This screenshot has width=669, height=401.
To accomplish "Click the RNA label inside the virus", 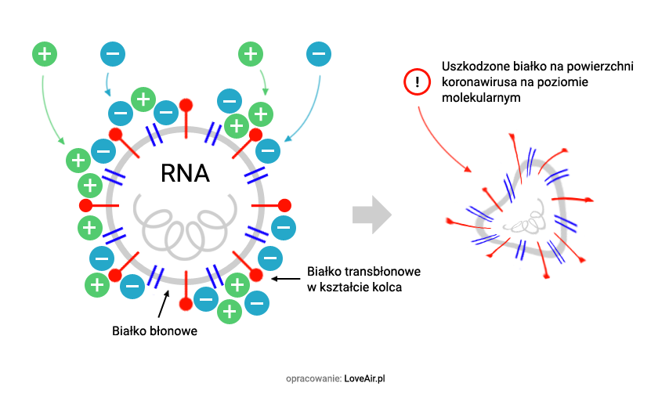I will click(185, 172).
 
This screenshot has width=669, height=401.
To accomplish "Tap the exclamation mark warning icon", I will click(418, 81).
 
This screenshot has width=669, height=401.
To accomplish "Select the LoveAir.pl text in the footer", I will click(365, 378).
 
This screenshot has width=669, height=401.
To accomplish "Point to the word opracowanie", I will click(313, 378).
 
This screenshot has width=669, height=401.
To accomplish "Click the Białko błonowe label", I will click(154, 331).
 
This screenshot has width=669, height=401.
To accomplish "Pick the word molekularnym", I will click(480, 99).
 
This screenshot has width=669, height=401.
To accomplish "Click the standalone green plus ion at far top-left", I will click(45, 54).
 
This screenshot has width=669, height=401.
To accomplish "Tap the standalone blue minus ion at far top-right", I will click(318, 54).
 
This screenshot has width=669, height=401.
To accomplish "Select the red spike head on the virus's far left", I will click(86, 205).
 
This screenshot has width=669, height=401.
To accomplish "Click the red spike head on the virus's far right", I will click(284, 205).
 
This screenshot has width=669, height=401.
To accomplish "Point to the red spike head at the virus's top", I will click(186, 105).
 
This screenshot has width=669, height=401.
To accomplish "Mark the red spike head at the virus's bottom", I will click(186, 304).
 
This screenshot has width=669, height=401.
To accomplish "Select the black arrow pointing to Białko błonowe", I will click(164, 302).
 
